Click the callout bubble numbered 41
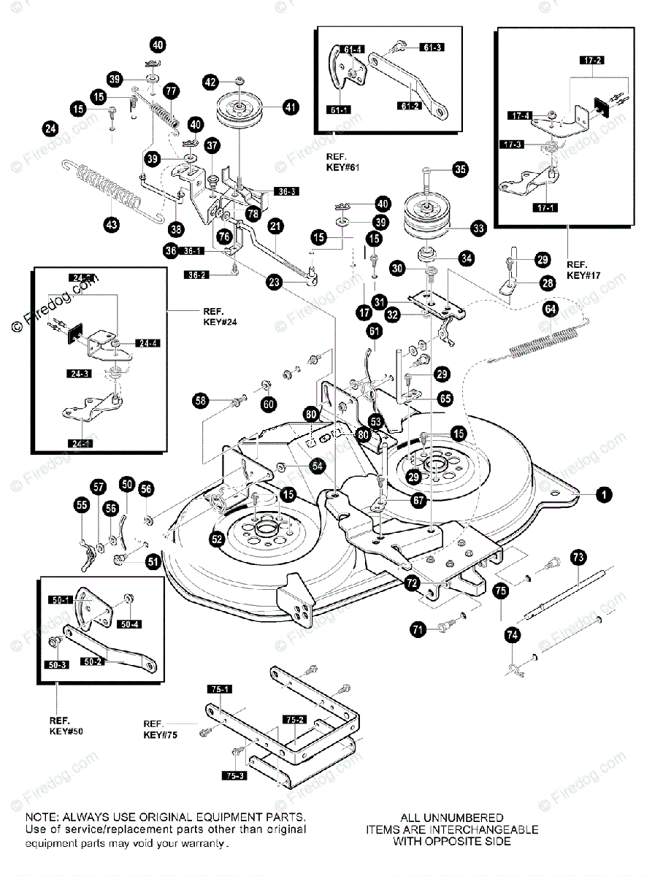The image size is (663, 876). pos(291,107)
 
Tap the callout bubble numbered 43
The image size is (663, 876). pos(112,226)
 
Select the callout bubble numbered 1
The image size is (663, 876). pos(602,495)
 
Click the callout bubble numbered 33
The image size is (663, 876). pos(478,228)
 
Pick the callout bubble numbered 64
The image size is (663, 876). pos(549,310)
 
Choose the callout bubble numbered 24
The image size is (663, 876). pos(50,129)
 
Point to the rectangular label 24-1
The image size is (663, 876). pos(80,443)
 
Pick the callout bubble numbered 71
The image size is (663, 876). pos(418,629)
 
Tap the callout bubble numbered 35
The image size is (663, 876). pos(460,169)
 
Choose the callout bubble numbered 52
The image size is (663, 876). pos(217,539)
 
